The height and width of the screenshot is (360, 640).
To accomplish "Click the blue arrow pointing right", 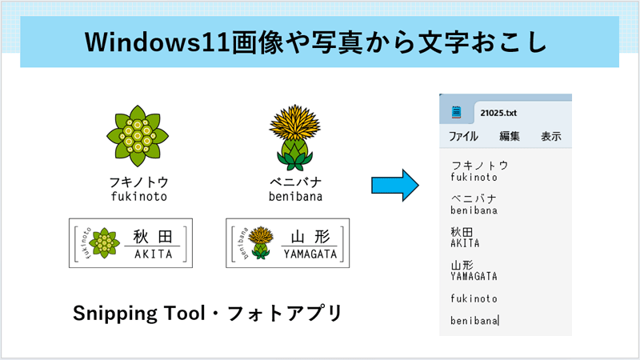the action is pyautogui.click(x=394, y=186).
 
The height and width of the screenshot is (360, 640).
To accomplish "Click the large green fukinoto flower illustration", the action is pyautogui.click(x=138, y=136).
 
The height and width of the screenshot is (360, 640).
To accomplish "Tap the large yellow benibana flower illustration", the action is pyautogui.click(x=294, y=137).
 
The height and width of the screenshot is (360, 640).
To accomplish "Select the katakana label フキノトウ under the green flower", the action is pyautogui.click(x=138, y=182).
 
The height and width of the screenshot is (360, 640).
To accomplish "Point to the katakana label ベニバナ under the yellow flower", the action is pyautogui.click(x=295, y=182).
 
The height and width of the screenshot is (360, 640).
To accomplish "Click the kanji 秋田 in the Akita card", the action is pyautogui.click(x=153, y=236).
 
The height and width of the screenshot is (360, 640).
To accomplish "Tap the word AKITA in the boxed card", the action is pyautogui.click(x=154, y=254).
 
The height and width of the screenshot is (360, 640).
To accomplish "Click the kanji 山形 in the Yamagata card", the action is pyautogui.click(x=310, y=236).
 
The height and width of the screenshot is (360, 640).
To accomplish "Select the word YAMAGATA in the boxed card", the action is pyautogui.click(x=310, y=254).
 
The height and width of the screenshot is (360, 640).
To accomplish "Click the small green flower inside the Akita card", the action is pyautogui.click(x=104, y=243).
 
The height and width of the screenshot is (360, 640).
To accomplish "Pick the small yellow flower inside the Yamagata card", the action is pyautogui.click(x=261, y=243).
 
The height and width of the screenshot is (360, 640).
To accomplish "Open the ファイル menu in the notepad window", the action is pyautogui.click(x=463, y=136).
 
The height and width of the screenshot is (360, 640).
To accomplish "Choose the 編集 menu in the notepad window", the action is pyautogui.click(x=510, y=136).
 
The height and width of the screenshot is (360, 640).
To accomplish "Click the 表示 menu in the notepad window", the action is pyautogui.click(x=551, y=136).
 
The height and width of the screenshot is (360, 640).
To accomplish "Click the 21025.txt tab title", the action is pyautogui.click(x=498, y=113).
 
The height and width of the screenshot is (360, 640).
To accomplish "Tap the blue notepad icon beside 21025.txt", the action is pyautogui.click(x=456, y=112).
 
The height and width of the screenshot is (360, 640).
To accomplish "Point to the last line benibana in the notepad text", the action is pyautogui.click(x=474, y=321).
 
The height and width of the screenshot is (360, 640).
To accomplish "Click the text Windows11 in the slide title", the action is pyautogui.click(x=158, y=42).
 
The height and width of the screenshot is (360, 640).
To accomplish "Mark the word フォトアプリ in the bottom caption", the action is pyautogui.click(x=285, y=314).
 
